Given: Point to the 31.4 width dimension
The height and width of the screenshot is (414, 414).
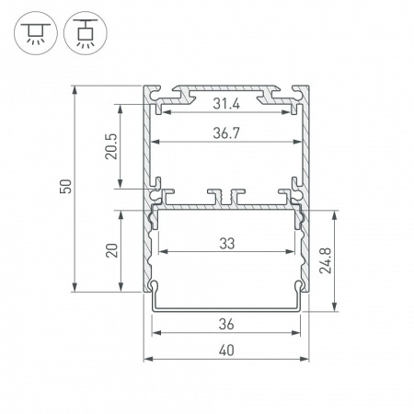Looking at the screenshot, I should pos(226,100).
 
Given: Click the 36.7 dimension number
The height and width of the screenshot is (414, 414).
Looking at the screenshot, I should pos(226,132).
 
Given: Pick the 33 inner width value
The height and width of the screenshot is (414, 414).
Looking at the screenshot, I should pos(226,242).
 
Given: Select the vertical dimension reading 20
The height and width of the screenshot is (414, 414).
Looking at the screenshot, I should pos(110,251).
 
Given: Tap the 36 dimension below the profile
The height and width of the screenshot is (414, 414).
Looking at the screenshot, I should pos(226,323).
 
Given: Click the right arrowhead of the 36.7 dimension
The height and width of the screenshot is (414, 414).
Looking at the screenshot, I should pos(298,142).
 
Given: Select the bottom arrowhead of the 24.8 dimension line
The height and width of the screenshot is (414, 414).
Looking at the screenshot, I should pos(337,308).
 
